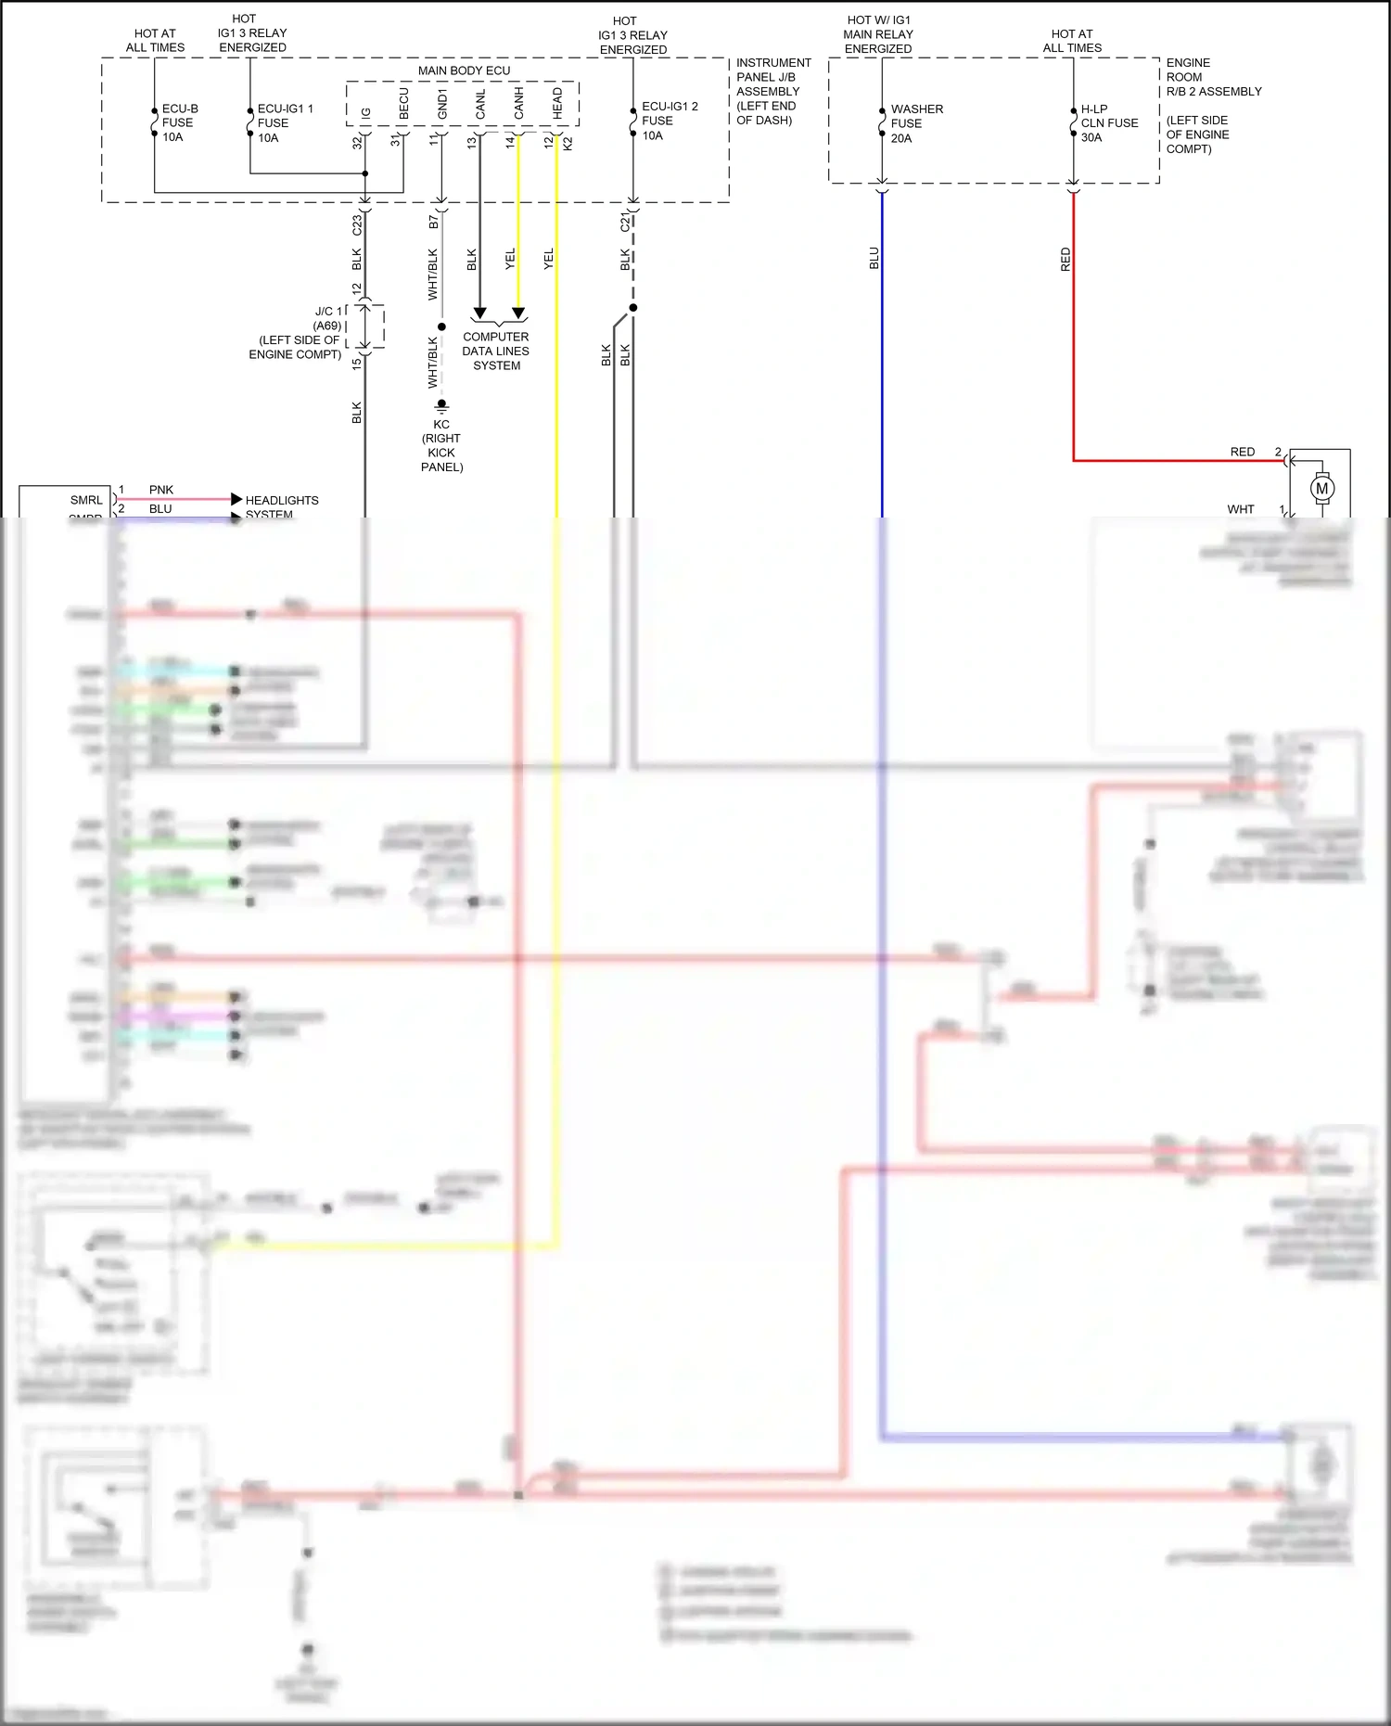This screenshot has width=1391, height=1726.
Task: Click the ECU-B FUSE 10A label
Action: (179, 122)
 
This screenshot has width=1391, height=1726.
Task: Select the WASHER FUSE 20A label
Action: (915, 123)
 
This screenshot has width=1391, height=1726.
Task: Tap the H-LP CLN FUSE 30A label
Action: (1108, 122)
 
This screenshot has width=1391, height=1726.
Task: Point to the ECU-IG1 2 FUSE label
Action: (669, 121)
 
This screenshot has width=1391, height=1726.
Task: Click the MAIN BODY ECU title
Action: (464, 70)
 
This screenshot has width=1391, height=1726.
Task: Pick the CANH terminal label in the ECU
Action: (519, 104)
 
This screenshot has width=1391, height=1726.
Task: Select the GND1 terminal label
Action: (442, 105)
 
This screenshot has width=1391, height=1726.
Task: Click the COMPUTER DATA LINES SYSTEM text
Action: (496, 352)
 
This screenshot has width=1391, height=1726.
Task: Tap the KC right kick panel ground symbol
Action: (442, 405)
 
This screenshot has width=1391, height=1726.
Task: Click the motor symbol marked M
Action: (1321, 488)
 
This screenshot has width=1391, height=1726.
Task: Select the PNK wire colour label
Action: (161, 490)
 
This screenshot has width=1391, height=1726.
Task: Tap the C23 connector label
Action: (357, 224)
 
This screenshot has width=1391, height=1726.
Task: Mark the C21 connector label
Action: (625, 223)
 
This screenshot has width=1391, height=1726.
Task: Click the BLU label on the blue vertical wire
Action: (874, 259)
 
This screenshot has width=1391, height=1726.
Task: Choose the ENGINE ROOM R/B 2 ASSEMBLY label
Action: (1213, 77)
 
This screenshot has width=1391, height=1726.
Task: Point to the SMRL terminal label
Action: (86, 500)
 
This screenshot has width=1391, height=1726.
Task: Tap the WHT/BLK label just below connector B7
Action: (432, 275)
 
